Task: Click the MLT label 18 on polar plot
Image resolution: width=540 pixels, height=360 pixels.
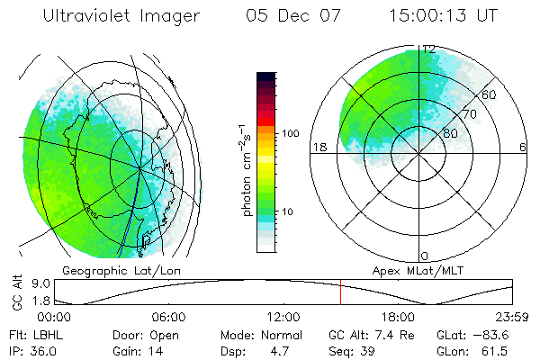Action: point(317,147)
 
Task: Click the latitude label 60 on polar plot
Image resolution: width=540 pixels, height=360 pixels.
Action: point(490,94)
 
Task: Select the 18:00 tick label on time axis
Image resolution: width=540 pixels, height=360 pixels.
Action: point(398,317)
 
